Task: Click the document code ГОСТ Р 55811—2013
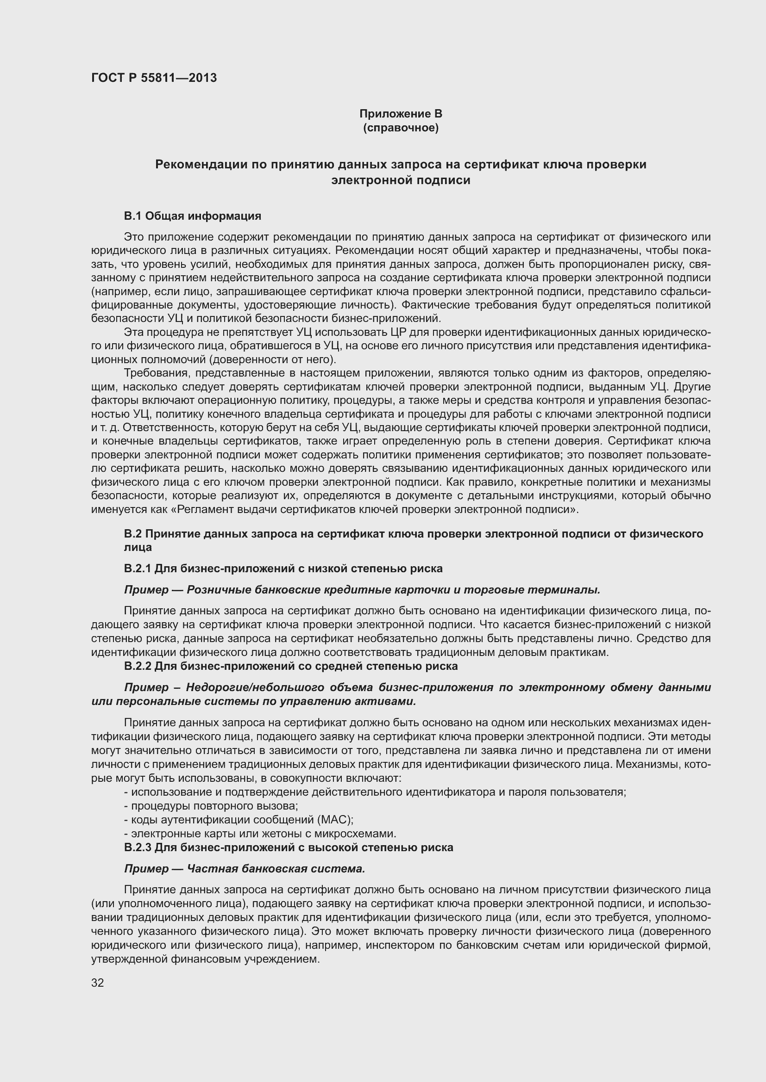[154, 78]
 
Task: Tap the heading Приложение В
[401, 114]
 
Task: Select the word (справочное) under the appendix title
[401, 128]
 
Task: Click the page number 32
[97, 983]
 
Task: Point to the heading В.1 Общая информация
[193, 216]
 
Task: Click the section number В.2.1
[137, 569]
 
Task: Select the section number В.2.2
[137, 666]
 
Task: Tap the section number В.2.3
[137, 847]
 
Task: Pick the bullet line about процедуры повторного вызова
[211, 806]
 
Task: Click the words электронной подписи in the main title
[401, 180]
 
